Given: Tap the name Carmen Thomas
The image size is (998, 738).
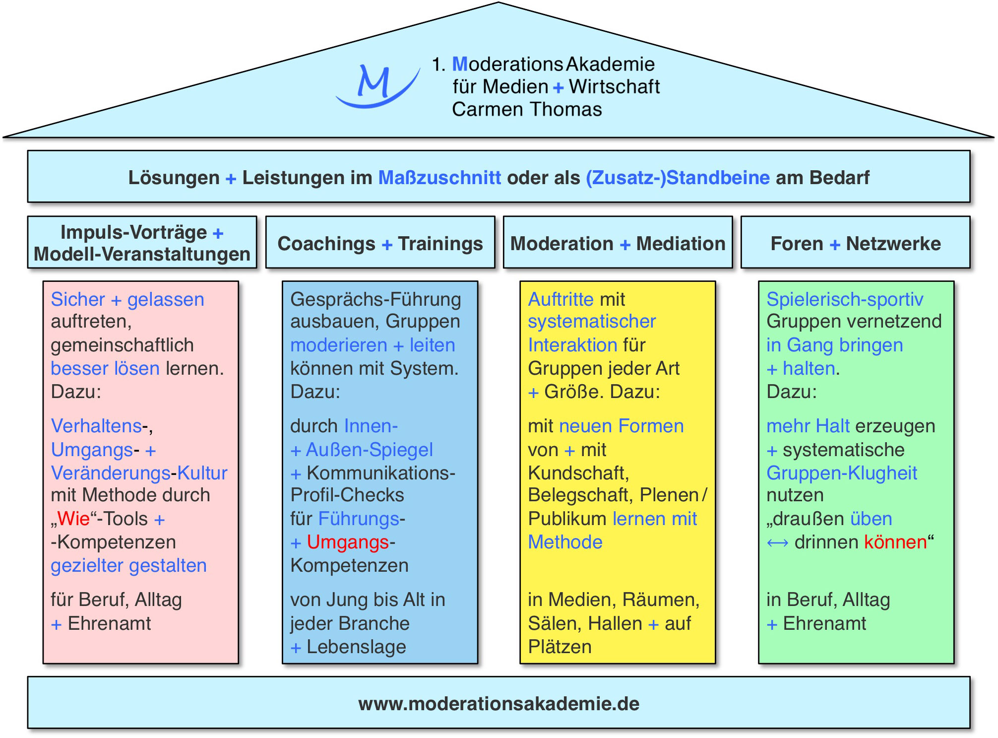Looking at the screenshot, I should (527, 109).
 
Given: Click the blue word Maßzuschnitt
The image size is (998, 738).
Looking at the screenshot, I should (439, 178).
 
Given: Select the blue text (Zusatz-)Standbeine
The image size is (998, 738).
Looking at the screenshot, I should (678, 178).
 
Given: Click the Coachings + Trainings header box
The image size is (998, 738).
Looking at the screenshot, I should (380, 243).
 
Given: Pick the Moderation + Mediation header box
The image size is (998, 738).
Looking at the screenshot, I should (618, 243).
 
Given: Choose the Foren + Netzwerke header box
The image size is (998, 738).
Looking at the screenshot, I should (855, 243).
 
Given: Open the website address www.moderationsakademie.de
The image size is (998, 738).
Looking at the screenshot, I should (499, 703).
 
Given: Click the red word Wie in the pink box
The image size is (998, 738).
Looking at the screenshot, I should (73, 519).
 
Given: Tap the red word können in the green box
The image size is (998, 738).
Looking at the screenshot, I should (895, 542).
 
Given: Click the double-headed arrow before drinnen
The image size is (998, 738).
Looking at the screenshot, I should (777, 543).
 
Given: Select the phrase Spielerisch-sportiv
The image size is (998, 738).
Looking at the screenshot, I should (845, 299).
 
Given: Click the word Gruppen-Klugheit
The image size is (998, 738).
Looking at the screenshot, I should (842, 473).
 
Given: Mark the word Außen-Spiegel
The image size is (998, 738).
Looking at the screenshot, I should (369, 450).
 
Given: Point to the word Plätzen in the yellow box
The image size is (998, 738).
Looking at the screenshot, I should (560, 647).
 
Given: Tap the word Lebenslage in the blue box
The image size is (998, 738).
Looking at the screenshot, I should (356, 647).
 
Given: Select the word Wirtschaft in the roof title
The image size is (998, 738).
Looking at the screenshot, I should (614, 87).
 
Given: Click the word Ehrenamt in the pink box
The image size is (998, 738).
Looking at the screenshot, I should (109, 623).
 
